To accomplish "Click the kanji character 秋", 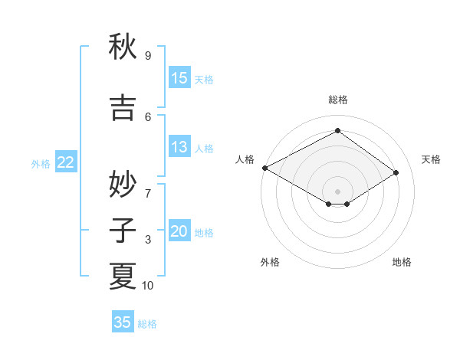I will coord(123,47).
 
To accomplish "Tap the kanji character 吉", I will coord(123,107).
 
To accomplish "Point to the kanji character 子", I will coord(123,229).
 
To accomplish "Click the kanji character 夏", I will coord(123,276).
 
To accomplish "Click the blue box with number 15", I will coord(179,78).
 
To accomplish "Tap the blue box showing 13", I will coord(179,147).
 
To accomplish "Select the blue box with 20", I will coord(179,232).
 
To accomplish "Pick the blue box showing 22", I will coord(66,162).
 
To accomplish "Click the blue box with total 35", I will coord(123,322).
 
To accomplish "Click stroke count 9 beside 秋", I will coord(148,56).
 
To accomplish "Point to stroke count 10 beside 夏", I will coord(149,286).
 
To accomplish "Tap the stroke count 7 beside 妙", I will coord(148,185).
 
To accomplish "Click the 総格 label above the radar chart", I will coord(337,100).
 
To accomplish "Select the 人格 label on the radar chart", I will coord(245,159).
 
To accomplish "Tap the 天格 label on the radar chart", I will coord(431,159).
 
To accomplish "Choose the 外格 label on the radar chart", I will coord(270,262).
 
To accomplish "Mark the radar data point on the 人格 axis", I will coord(264,168).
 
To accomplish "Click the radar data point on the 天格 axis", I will coord(396,172).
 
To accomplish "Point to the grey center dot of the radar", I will coord(337,191).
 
